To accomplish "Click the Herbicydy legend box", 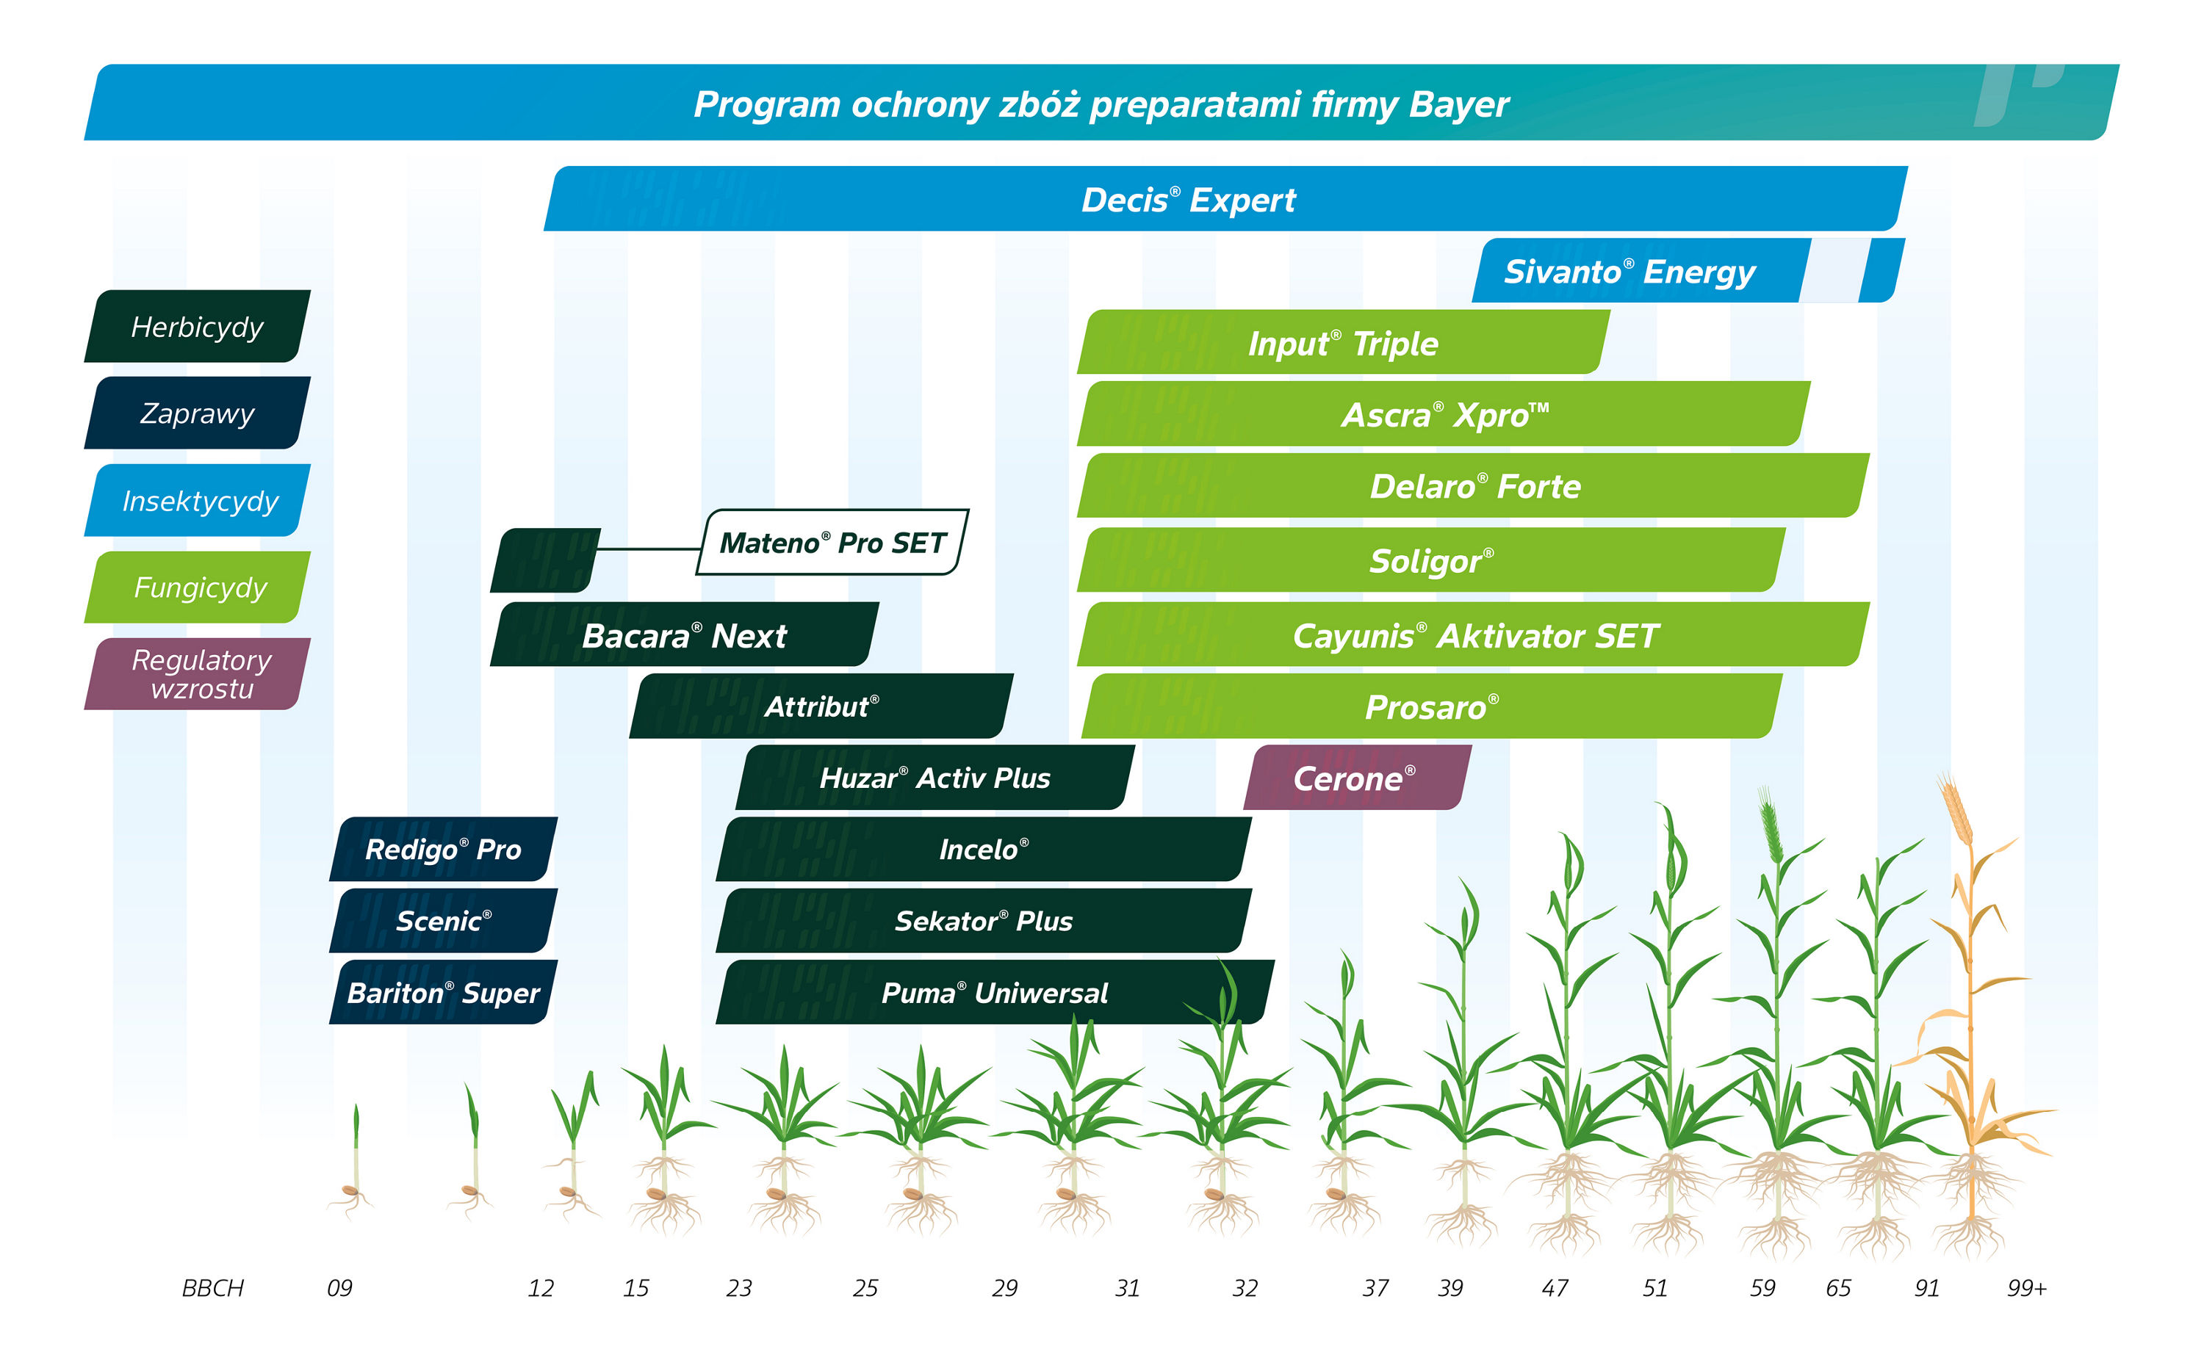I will click(197, 327).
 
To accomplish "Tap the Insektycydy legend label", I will click(199, 501).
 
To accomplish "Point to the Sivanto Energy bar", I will click(1628, 271).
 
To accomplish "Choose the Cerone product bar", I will click(1355, 778).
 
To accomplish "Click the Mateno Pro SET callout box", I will click(832, 543).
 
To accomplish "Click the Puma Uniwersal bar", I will click(993, 992).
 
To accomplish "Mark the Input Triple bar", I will click(1342, 343).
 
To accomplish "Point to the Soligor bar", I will click(1430, 560).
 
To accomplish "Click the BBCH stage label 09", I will click(339, 1288).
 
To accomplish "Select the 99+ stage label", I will click(2026, 1288).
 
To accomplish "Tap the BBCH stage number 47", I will click(1555, 1288).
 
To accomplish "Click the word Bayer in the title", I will click(1458, 104).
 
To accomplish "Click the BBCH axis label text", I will click(212, 1288).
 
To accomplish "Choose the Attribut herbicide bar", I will click(821, 706).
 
